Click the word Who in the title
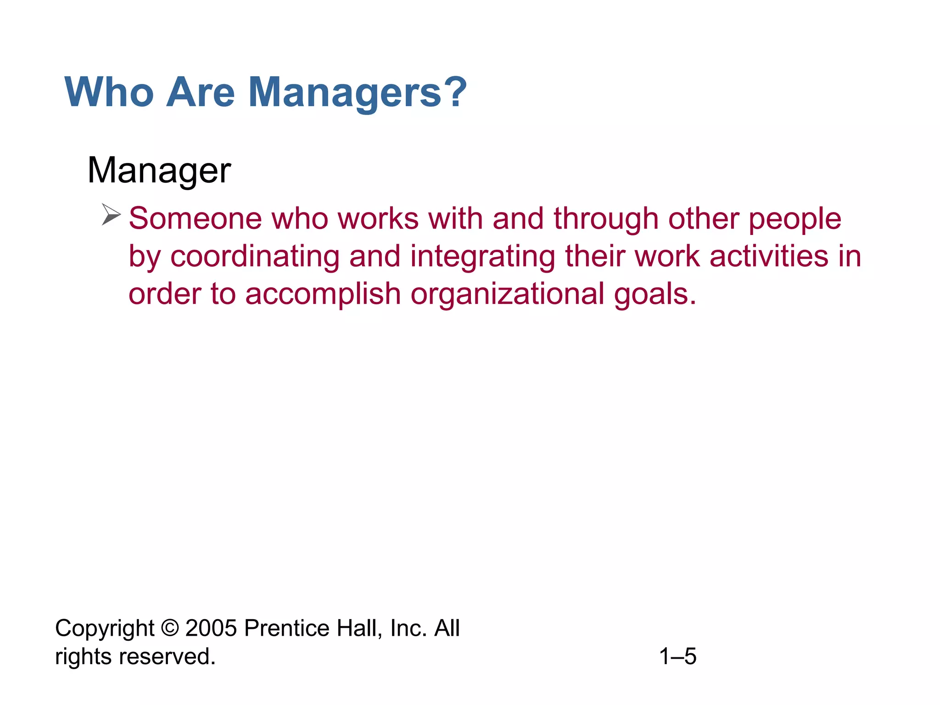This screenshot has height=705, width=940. tap(109, 92)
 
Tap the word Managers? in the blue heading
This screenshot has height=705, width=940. tap(358, 92)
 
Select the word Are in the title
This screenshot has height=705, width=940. tap(200, 92)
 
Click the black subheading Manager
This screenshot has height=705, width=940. tap(159, 171)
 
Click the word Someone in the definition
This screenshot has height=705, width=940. tap(195, 218)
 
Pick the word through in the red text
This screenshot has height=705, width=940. tap(606, 218)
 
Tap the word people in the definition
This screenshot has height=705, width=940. tap(795, 219)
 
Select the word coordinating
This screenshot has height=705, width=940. tap(255, 257)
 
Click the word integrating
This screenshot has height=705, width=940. tap(482, 257)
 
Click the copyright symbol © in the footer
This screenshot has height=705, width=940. tap(170, 628)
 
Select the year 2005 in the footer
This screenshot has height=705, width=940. tap(211, 628)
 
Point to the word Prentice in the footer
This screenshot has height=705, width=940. tap(286, 628)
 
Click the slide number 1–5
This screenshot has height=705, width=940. tap(677, 656)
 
